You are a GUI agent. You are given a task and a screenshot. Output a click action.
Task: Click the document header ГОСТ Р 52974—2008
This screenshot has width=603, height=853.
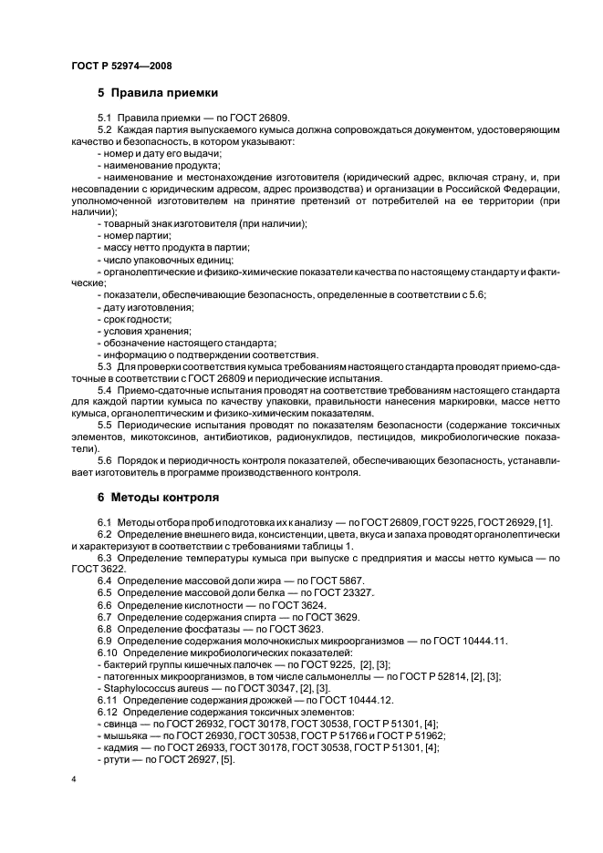(x=120, y=67)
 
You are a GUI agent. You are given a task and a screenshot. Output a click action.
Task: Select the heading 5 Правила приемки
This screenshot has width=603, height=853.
(x=156, y=92)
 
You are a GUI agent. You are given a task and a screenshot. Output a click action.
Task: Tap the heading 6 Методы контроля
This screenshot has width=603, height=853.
(x=158, y=498)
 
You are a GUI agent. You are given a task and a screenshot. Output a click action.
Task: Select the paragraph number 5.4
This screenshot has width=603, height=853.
(x=105, y=391)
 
